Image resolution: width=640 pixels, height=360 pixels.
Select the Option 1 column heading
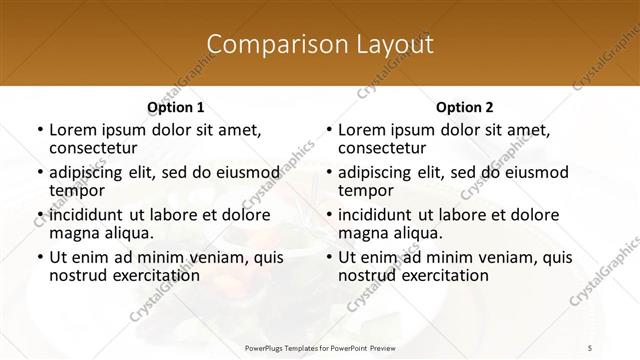click(x=175, y=107)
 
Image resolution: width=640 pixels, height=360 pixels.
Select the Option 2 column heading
click(x=465, y=107)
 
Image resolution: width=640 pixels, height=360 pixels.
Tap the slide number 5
click(x=590, y=346)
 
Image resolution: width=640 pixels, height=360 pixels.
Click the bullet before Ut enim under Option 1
click(x=39, y=257)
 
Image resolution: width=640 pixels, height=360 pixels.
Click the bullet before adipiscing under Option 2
click(x=328, y=172)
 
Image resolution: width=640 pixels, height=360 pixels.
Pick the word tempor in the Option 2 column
click(x=364, y=190)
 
